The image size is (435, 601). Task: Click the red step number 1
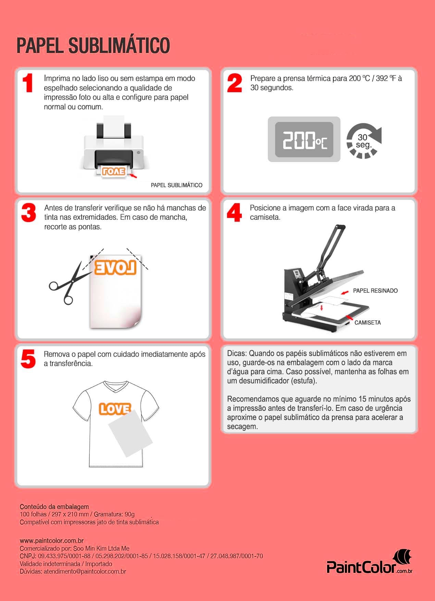tap(28, 83)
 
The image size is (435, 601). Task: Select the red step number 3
tap(28, 212)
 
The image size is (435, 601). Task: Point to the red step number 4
tap(234, 212)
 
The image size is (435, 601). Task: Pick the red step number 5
tap(28, 359)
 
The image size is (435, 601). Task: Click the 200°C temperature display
tap(304, 139)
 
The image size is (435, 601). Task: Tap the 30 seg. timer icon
tap(364, 141)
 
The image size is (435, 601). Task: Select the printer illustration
tap(113, 147)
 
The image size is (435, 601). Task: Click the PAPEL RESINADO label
tap(375, 291)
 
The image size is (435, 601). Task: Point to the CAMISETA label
tap(368, 322)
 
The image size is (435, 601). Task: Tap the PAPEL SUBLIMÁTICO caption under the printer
tap(176, 185)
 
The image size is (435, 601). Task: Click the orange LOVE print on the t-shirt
tap(114, 408)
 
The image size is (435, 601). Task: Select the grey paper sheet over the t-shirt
tap(130, 433)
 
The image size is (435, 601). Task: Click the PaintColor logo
tap(369, 562)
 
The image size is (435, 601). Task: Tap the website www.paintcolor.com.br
tap(52, 541)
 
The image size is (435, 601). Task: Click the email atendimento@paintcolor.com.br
tap(85, 572)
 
